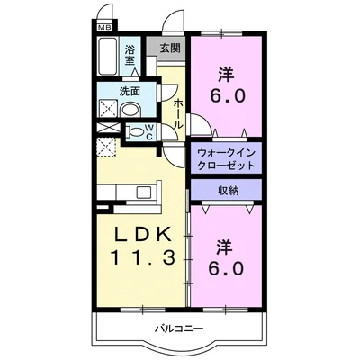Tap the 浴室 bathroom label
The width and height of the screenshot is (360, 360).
click(131, 55)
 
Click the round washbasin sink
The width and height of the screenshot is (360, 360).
click(130, 108)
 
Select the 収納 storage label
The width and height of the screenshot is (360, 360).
click(226, 191)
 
